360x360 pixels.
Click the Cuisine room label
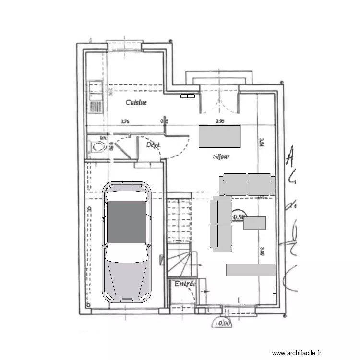pos(136,102)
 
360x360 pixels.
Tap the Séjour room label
pos(221,156)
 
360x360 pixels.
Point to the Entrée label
pos(185,284)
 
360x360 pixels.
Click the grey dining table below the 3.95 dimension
pos(219,136)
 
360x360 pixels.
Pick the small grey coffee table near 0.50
pos(254,223)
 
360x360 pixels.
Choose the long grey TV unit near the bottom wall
pos(251,270)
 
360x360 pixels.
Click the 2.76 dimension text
pos(125,121)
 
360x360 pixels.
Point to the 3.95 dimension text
pos(220,121)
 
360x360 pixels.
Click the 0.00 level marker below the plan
pos(224,324)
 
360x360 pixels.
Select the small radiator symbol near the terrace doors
pos(187,96)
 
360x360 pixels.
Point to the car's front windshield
pos(127,254)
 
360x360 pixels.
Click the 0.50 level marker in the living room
pos(239,217)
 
